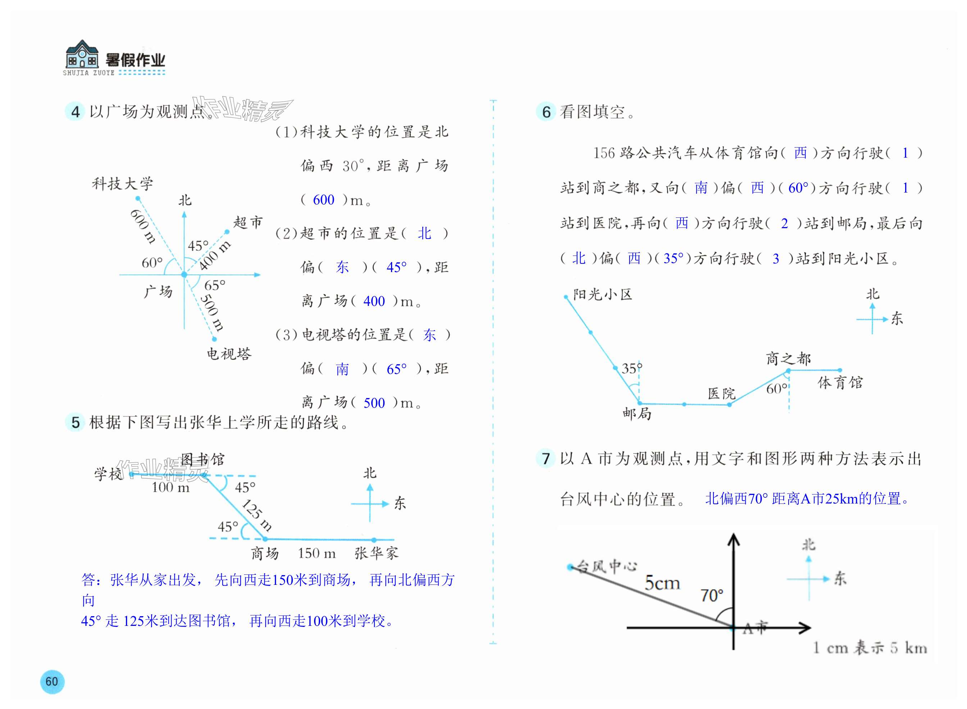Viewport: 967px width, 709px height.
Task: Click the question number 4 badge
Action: (75, 112)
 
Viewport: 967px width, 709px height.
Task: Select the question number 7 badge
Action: (546, 459)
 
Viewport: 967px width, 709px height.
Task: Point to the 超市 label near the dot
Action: (248, 222)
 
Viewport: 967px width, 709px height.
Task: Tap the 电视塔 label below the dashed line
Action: (229, 354)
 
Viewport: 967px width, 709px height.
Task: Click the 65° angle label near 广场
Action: (214, 285)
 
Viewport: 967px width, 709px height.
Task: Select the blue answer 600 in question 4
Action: (323, 200)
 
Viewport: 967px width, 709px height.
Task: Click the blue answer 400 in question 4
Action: (374, 301)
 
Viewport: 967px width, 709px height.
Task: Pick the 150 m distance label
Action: (317, 554)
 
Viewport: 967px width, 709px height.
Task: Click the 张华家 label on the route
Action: (376, 553)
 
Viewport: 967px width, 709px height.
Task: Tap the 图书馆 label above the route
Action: (202, 460)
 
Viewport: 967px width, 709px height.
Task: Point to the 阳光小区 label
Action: (603, 294)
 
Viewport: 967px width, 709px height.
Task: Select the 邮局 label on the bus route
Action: (637, 414)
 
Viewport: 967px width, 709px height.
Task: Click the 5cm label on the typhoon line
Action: (662, 583)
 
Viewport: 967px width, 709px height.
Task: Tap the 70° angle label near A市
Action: (711, 595)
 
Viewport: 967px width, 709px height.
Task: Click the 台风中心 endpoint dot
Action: (570, 567)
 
